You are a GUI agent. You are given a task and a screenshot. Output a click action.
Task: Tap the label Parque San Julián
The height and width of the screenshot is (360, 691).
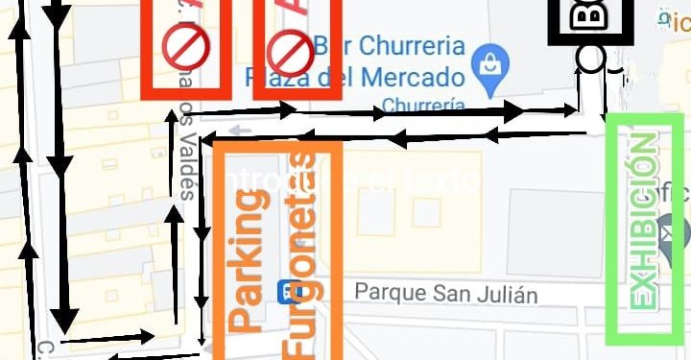click(445, 293)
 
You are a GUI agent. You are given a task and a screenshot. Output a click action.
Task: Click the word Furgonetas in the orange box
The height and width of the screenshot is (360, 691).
click(303, 254)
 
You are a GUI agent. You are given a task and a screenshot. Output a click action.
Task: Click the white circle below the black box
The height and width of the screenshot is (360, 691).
click(590, 59)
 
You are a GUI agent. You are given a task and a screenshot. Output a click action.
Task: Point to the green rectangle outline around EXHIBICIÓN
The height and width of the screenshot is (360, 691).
click(610, 230)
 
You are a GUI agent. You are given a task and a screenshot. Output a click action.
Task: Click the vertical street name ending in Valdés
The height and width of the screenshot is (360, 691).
click(184, 144)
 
